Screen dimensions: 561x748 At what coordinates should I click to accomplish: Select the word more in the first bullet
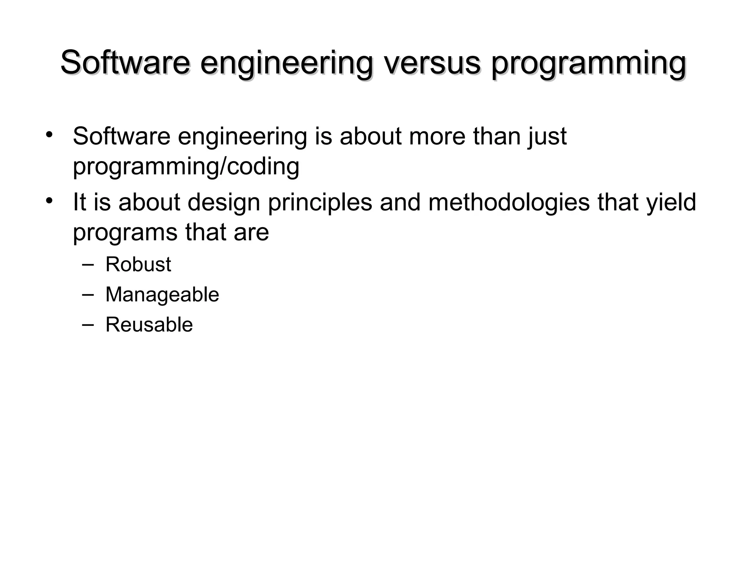pos(437,136)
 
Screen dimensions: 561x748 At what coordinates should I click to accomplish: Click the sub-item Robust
pos(138,264)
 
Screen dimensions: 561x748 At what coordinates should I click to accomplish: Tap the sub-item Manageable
pos(162,295)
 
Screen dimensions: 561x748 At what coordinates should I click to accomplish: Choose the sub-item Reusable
pos(149,325)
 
